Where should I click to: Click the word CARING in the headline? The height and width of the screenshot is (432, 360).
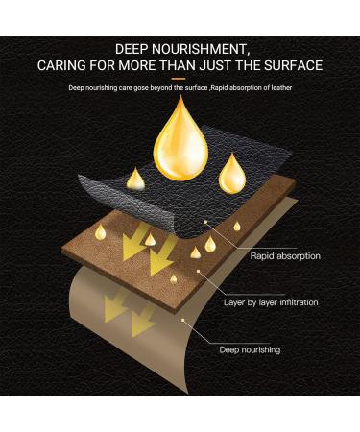65,66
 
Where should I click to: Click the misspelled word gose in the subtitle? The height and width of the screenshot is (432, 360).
143,88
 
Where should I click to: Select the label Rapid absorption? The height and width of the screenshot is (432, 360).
285,256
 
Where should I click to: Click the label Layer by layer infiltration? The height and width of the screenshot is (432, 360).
284,302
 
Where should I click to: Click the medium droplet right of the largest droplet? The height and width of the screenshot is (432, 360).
231,173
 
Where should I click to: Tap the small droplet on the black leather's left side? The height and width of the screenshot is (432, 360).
136,179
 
